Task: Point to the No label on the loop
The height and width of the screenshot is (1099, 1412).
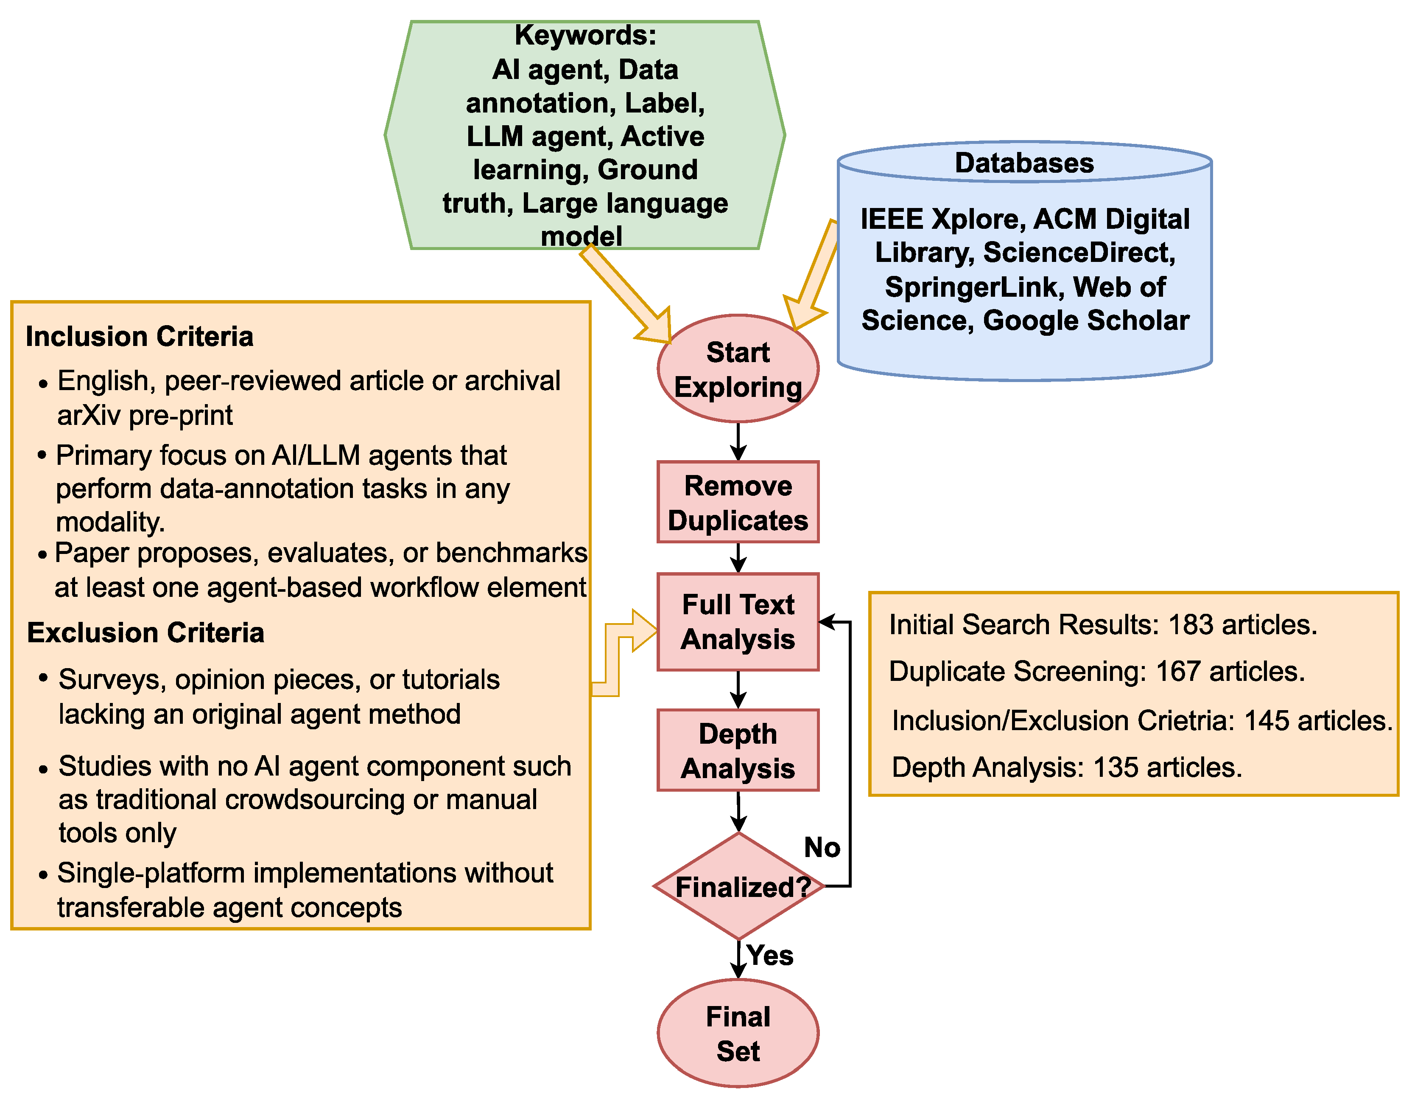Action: coord(822,847)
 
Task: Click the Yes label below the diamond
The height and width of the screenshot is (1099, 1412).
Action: coord(769,956)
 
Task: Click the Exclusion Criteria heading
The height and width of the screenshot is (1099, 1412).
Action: coord(145,632)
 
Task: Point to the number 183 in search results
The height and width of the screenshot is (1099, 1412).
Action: coord(1190,625)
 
